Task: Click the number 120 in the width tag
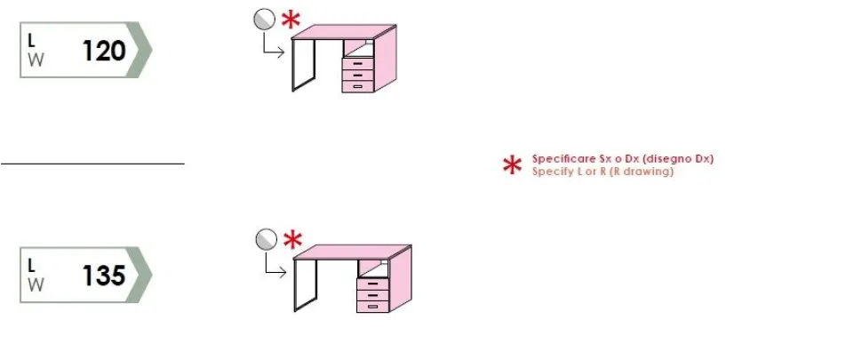click(x=104, y=51)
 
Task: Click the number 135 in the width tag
click(x=104, y=276)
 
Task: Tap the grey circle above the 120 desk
click(x=265, y=20)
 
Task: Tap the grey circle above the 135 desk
click(x=267, y=239)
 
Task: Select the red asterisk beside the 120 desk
click(x=291, y=20)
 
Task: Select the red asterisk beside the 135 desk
click(x=293, y=240)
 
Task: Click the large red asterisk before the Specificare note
click(x=513, y=165)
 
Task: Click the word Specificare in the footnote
click(x=562, y=159)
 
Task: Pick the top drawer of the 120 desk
click(x=358, y=63)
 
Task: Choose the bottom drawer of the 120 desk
click(x=358, y=86)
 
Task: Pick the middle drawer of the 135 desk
click(x=372, y=295)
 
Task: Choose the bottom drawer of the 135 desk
click(x=372, y=307)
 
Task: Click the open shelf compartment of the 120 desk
click(x=358, y=48)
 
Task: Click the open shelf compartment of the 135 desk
click(x=373, y=268)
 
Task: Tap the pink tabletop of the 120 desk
click(x=344, y=32)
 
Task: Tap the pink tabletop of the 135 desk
click(x=352, y=252)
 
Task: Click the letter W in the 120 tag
click(x=36, y=60)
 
